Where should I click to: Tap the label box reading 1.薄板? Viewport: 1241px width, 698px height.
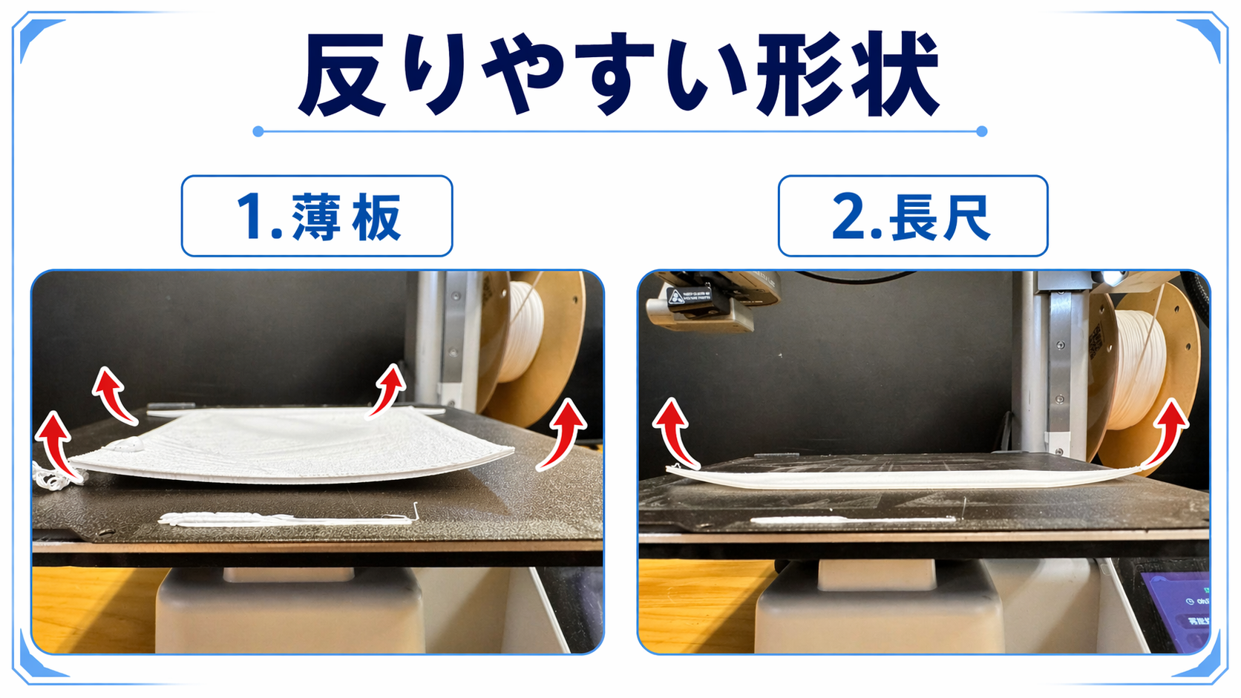pos(317,216)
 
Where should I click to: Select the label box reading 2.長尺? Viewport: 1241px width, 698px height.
pos(913,216)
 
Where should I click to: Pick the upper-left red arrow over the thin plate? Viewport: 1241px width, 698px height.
pos(114,396)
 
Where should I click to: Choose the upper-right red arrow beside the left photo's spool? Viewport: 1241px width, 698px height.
pos(387,390)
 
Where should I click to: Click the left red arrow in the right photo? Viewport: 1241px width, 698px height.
pos(674,432)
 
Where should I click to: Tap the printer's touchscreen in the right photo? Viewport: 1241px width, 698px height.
pos(1177,612)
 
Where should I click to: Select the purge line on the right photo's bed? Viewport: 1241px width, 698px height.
pos(854,519)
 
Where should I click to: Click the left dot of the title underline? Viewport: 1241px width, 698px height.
pos(258,131)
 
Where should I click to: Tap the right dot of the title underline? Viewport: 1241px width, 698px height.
pos(982,131)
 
